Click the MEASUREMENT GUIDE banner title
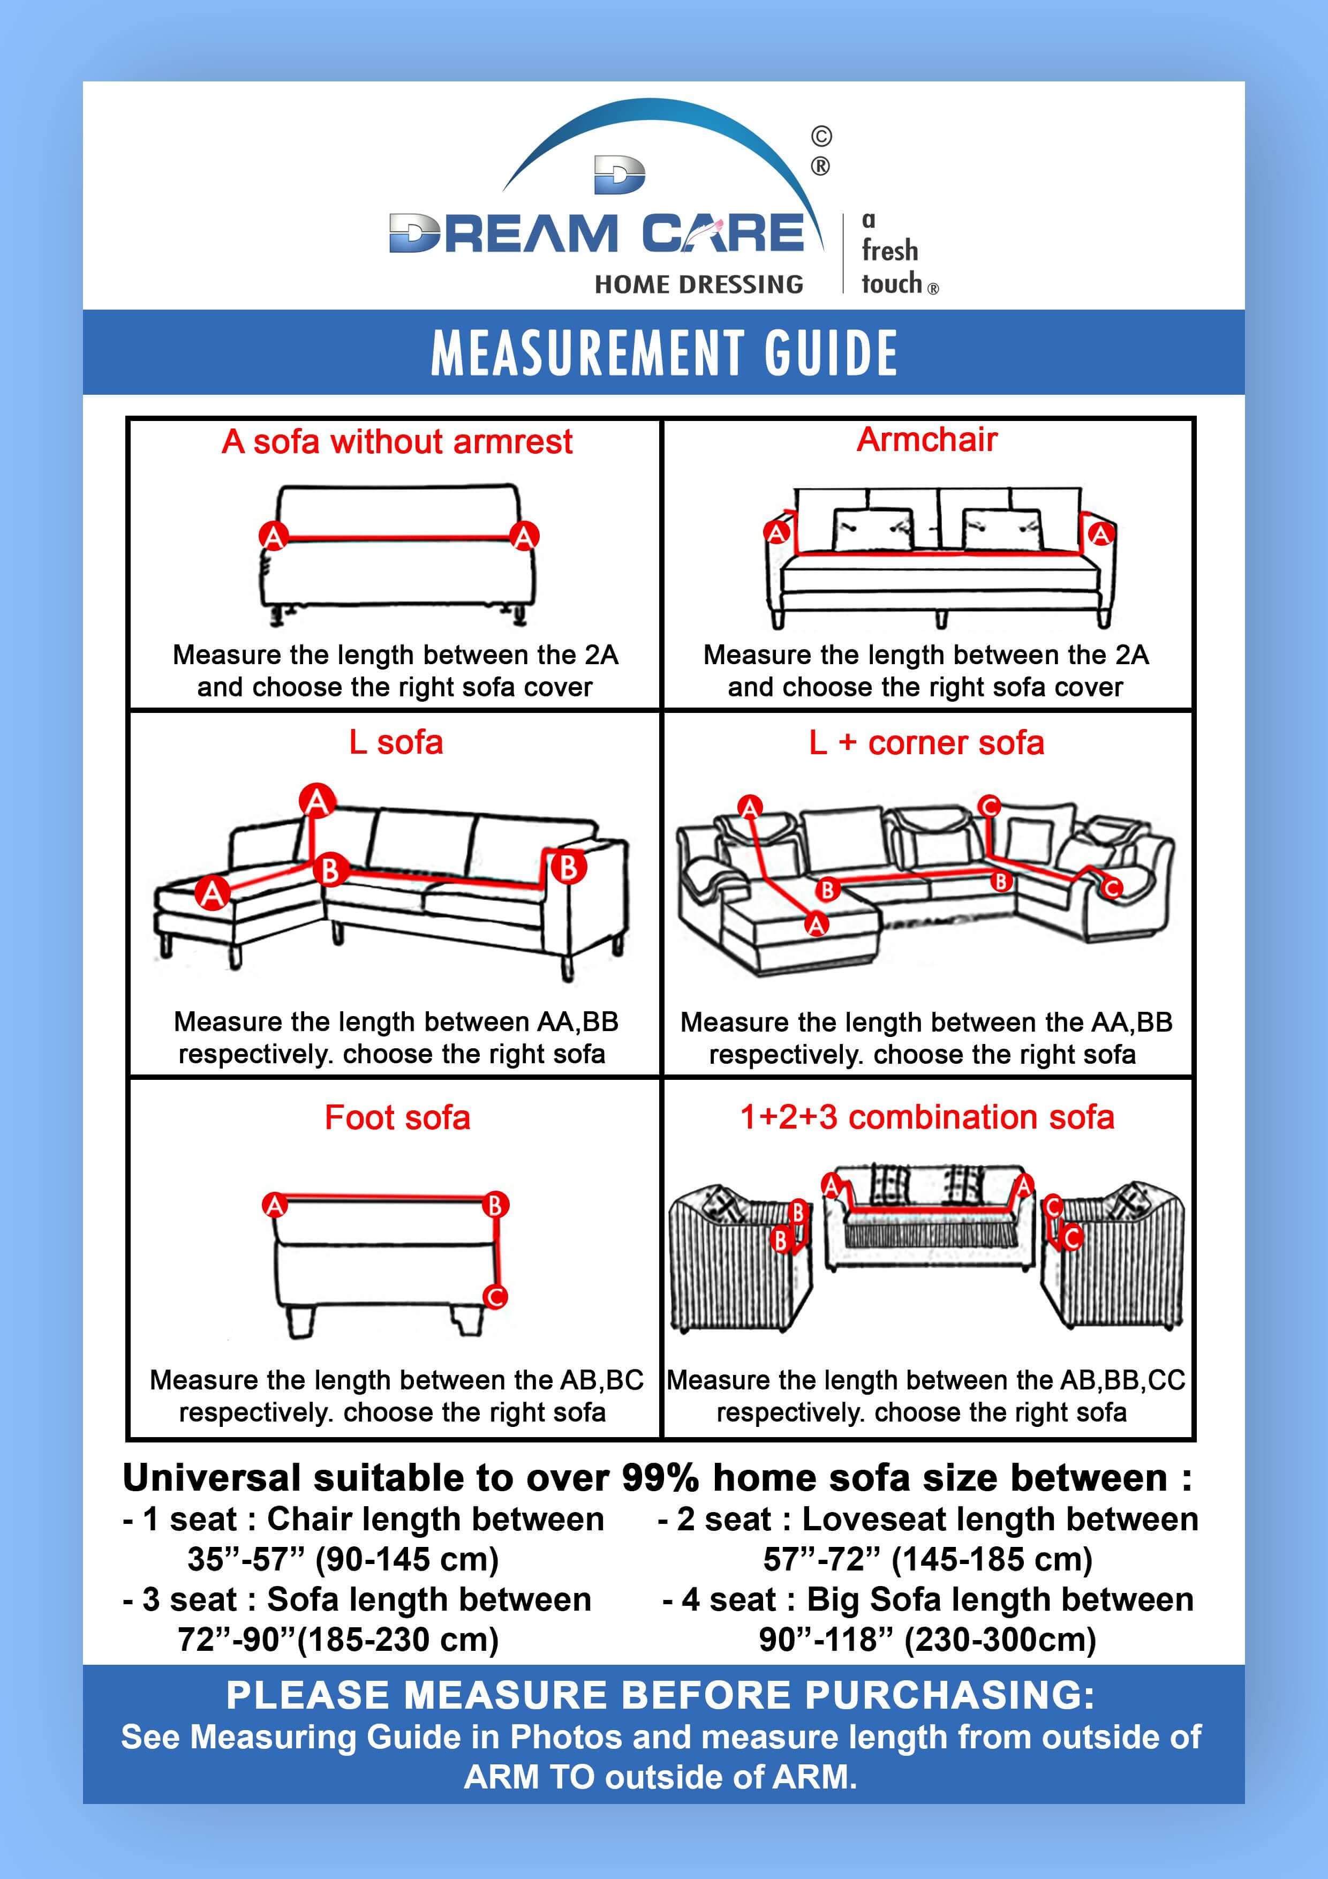(x=663, y=353)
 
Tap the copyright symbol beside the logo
(x=821, y=136)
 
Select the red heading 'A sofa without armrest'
(x=397, y=442)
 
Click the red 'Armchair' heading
(x=927, y=439)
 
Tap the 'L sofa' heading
(x=396, y=742)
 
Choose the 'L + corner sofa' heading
(x=926, y=743)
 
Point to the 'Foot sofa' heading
(x=398, y=1117)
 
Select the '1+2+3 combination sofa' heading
(x=927, y=1116)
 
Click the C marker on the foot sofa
(x=495, y=1296)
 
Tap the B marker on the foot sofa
(x=495, y=1205)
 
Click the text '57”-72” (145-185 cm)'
(x=928, y=1559)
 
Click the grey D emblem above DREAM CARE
(x=620, y=176)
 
